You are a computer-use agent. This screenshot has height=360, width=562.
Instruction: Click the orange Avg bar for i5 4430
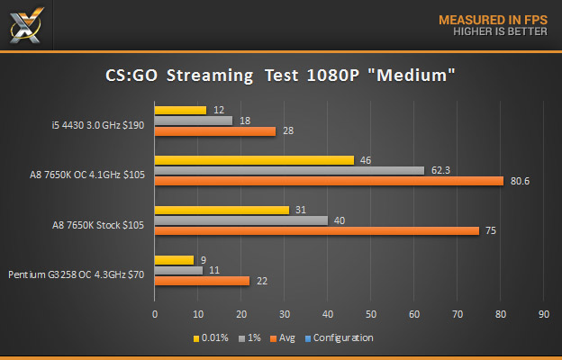214,131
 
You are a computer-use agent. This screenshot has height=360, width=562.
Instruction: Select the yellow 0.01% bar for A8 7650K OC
254,160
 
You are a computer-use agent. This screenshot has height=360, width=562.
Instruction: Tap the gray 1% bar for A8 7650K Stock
241,220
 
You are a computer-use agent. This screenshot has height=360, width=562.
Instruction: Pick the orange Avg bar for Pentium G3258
202,281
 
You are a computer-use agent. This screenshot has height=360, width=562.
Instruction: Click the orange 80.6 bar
329,181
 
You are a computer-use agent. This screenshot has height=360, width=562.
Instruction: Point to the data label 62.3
442,169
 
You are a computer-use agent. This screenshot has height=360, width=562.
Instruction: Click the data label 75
492,230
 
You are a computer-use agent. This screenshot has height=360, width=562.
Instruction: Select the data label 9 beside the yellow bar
204,259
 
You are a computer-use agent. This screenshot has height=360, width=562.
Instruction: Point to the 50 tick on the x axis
370,315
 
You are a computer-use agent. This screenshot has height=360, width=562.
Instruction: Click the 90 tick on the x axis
543,315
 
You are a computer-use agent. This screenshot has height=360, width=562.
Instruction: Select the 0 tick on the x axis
155,315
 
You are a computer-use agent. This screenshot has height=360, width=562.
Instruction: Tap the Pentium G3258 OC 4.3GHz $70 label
77,274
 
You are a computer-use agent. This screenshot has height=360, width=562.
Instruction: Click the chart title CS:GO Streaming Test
280,77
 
